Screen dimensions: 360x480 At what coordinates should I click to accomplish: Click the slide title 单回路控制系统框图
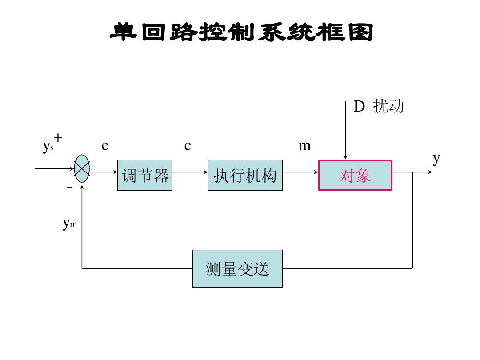[x=241, y=33]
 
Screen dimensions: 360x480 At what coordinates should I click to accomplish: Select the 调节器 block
[x=145, y=176]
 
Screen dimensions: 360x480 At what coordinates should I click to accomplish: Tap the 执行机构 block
[x=245, y=176]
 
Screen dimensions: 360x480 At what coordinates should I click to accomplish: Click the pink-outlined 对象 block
[x=355, y=176]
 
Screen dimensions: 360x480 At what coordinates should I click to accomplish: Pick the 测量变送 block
[x=237, y=269]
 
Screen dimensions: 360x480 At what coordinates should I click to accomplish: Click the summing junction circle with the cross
[x=82, y=168]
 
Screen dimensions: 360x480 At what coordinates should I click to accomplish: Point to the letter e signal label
[x=105, y=146]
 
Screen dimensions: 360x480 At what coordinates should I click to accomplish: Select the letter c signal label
[x=188, y=146]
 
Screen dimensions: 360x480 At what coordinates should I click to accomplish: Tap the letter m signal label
[x=304, y=146]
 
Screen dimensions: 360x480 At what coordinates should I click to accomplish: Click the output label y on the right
[x=436, y=158]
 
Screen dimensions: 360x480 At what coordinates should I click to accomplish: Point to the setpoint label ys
[x=48, y=146]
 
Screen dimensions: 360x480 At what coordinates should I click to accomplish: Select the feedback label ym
[x=69, y=224]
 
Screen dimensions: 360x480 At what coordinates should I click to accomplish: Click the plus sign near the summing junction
[x=58, y=138]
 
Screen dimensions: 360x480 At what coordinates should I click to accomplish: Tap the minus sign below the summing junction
[x=69, y=188]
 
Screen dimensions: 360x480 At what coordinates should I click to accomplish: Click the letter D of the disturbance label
[x=359, y=107]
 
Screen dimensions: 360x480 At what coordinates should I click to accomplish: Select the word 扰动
[x=388, y=107]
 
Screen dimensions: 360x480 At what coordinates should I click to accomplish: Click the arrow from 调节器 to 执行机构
[x=190, y=172]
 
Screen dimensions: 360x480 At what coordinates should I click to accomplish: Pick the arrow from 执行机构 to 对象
[x=300, y=172]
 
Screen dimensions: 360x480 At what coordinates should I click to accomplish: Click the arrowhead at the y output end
[x=429, y=172]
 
